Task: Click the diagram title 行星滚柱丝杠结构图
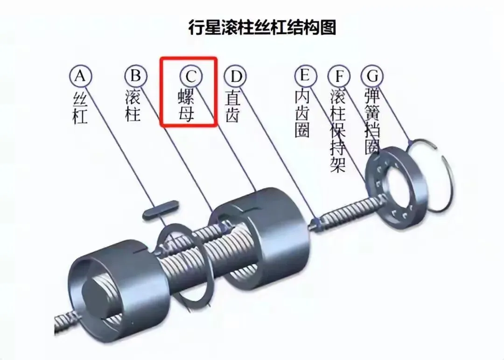click(262, 27)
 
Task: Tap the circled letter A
click(80, 76)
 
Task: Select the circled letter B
click(135, 76)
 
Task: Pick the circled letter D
click(235, 76)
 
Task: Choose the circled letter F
click(338, 76)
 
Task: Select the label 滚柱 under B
click(134, 106)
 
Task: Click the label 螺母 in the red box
click(187, 106)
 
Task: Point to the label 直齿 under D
click(233, 106)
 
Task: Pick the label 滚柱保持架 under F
click(337, 131)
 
